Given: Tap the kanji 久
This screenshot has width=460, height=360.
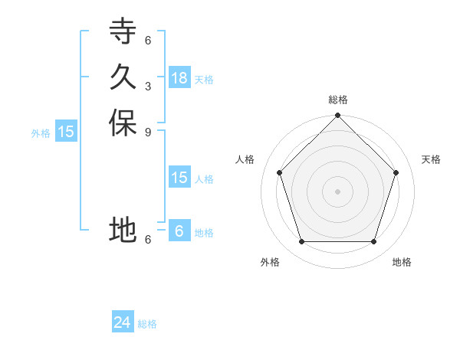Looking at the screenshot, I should point(123,77).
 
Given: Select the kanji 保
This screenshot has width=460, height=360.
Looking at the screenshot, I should point(123,123).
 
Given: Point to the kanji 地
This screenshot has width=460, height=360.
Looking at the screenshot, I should point(123,229).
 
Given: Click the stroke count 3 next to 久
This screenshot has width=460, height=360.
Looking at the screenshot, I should point(148,86).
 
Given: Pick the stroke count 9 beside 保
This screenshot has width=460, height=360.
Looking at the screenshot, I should point(148,132).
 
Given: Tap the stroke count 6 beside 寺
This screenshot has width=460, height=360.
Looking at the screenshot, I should point(148,41).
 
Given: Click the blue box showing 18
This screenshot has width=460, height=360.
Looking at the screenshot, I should point(179,78).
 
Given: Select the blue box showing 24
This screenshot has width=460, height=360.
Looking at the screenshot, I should point(123,322).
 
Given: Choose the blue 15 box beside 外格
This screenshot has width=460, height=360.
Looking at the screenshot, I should point(66,132).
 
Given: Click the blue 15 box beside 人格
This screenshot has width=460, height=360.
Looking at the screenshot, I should point(179,178).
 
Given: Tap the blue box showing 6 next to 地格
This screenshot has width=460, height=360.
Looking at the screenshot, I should point(179,231).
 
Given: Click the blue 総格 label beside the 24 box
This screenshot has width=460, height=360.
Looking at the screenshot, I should point(147,324).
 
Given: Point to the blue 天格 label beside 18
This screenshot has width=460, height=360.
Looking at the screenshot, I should point(204,80).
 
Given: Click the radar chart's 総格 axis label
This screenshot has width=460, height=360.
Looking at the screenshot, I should point(338,100).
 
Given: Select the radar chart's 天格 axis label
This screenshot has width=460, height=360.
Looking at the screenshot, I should point(431,159).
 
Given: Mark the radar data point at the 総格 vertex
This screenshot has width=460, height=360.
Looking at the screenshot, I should point(338,116).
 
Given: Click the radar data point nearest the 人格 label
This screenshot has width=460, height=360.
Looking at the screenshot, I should point(280,172).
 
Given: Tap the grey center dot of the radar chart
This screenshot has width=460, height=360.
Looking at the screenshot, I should point(338,191).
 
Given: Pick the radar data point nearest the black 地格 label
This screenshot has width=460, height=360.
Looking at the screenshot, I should point(374,241).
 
